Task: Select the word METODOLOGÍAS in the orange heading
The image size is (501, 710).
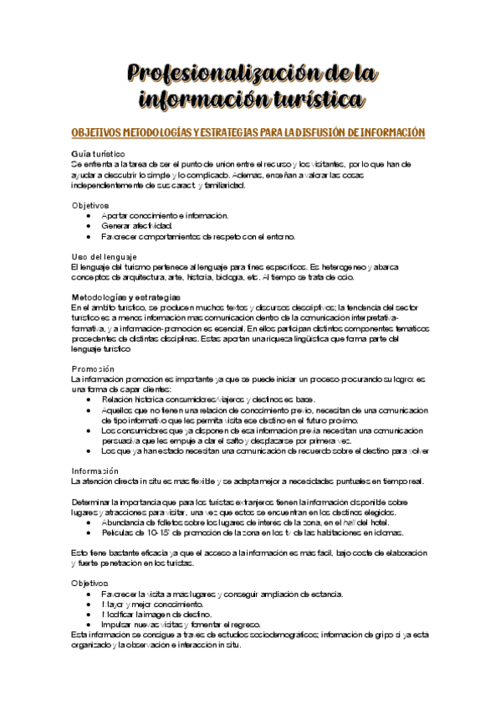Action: pyautogui.click(x=149, y=133)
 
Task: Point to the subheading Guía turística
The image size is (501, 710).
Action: pyautogui.click(x=99, y=154)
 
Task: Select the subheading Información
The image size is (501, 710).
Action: pyautogui.click(x=95, y=471)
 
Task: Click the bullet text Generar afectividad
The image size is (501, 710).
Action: pyautogui.click(x=136, y=226)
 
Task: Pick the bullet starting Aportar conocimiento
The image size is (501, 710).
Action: pyautogui.click(x=165, y=215)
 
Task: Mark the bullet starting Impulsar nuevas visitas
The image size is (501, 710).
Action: pyautogui.click(x=181, y=625)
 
